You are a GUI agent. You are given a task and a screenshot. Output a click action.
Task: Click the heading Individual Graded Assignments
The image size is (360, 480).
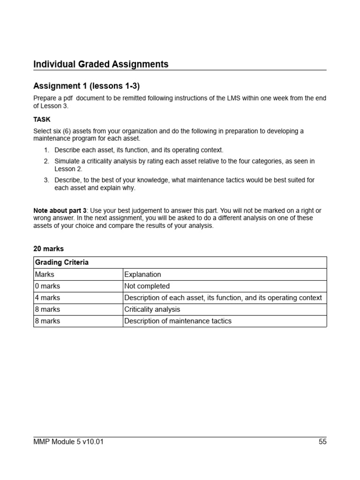(101, 64)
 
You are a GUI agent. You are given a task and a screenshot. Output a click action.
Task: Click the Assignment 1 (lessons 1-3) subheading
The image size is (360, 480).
(86, 86)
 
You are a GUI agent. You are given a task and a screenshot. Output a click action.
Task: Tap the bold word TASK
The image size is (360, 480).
(42, 120)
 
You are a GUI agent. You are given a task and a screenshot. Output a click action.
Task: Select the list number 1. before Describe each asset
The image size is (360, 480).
(46, 150)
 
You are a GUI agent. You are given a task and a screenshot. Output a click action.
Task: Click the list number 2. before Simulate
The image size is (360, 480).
(46, 161)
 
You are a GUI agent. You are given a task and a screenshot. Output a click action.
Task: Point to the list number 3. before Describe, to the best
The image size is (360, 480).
(46, 180)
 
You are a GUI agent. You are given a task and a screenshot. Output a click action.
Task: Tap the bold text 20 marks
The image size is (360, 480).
(48, 249)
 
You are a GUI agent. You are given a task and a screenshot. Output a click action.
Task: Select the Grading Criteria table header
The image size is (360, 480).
(62, 262)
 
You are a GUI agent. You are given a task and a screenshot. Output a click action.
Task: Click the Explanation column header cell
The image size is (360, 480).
(142, 274)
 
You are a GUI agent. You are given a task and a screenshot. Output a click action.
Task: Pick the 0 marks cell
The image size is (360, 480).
(47, 286)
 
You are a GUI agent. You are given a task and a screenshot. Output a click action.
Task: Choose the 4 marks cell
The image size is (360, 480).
(47, 298)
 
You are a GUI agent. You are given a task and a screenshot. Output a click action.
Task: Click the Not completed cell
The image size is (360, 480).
(147, 286)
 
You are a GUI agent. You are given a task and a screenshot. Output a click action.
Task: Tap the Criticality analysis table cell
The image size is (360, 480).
(152, 309)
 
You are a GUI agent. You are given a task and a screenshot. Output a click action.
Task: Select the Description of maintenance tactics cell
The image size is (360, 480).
(178, 321)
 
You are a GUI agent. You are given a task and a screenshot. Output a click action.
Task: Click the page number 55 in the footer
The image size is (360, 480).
(322, 442)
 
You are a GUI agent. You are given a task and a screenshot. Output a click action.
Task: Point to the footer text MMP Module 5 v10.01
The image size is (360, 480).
(68, 442)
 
